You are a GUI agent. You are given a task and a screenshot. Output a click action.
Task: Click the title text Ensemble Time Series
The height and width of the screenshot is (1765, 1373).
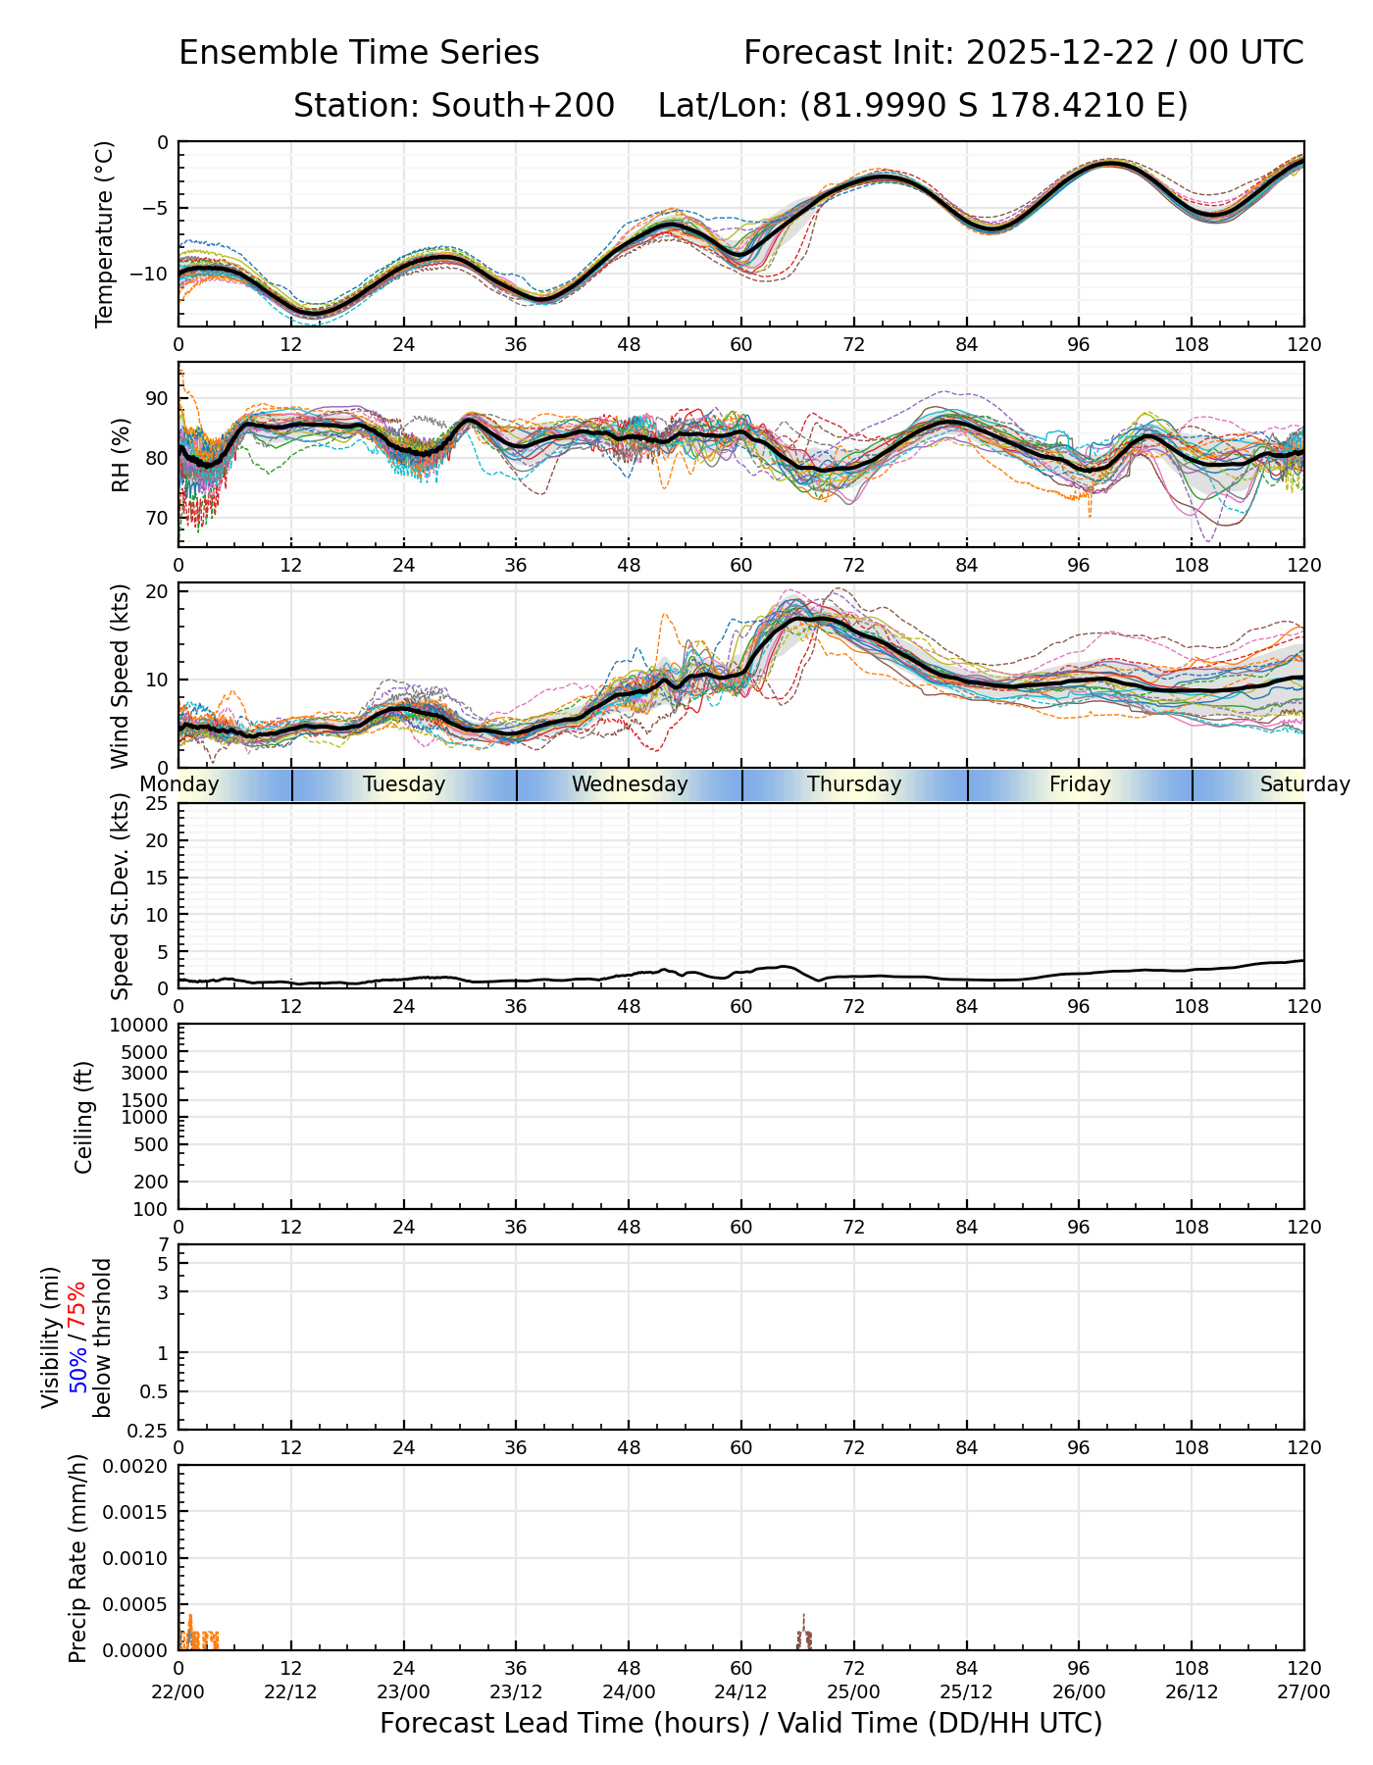click(359, 53)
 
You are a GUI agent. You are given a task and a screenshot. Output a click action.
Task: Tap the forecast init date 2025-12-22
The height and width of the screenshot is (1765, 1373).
click(1060, 53)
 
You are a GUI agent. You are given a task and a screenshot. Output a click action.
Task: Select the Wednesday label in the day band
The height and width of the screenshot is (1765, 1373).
click(630, 784)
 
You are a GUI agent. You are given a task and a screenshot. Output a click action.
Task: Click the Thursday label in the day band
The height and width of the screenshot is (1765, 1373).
click(854, 784)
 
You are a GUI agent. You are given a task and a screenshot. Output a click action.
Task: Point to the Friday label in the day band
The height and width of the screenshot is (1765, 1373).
click(1080, 784)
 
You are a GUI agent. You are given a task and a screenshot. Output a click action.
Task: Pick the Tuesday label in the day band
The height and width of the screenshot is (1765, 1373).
click(404, 784)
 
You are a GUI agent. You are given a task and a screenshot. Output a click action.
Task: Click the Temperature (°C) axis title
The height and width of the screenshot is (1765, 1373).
click(105, 233)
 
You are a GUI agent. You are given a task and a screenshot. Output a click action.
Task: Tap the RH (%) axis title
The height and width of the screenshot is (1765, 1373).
click(121, 454)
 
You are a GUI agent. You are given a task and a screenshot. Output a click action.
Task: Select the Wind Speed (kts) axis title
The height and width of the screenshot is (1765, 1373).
click(120, 676)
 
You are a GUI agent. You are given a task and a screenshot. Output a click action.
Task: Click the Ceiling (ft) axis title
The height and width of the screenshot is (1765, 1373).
click(84, 1117)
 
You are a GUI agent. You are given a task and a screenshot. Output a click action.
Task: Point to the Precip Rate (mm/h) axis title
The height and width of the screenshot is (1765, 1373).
click(78, 1558)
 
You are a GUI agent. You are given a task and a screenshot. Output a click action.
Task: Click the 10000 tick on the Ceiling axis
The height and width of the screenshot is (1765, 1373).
click(145, 1026)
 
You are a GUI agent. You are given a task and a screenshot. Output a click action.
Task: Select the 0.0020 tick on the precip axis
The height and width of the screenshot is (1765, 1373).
click(141, 1466)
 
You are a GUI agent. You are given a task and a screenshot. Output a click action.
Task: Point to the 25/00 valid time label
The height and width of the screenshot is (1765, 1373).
click(854, 1692)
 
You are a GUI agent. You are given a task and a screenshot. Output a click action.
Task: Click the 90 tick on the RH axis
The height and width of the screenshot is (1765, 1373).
click(157, 398)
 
